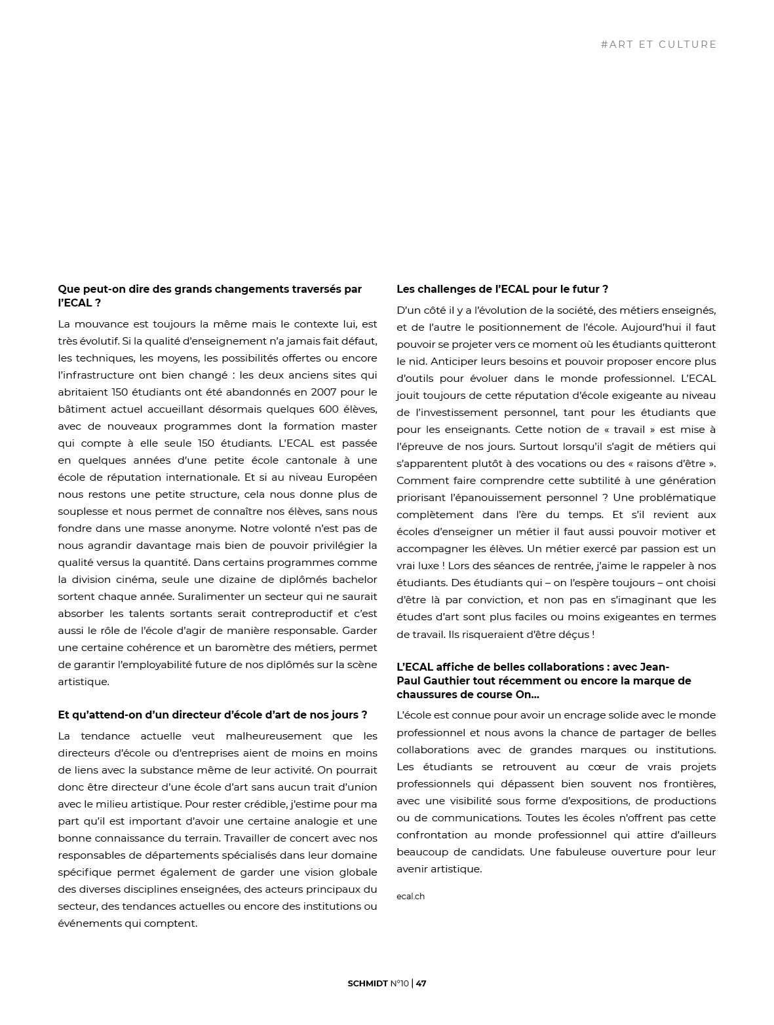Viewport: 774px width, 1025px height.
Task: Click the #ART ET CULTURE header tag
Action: (x=658, y=45)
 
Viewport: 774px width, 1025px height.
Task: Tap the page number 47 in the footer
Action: (x=421, y=983)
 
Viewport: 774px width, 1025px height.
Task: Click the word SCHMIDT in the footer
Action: (x=368, y=983)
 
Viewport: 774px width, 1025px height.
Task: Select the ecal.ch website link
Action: (x=410, y=896)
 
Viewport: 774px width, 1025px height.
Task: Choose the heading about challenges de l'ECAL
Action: (x=502, y=289)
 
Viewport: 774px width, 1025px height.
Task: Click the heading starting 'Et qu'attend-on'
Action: (x=212, y=715)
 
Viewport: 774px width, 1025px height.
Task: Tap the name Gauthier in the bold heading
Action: (x=450, y=680)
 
